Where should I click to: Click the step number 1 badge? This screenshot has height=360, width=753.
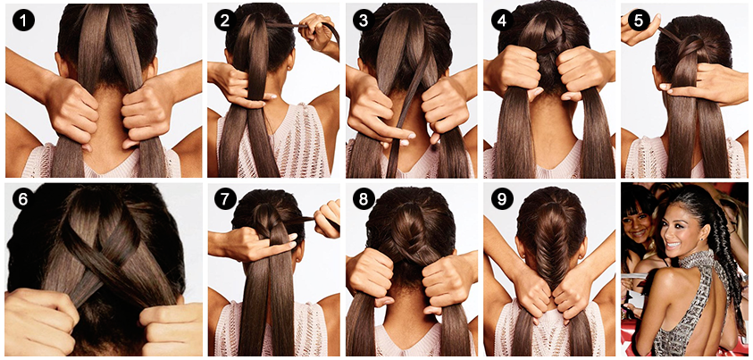(23, 21)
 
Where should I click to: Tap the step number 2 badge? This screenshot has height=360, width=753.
(224, 21)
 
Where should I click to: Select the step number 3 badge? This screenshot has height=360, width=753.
(363, 21)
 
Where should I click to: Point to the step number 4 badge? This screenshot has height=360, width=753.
(502, 21)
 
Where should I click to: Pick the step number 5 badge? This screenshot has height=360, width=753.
(639, 21)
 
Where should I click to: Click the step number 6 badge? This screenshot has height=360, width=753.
(23, 198)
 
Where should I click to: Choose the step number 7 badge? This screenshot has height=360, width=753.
(224, 198)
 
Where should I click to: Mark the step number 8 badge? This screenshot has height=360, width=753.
(363, 198)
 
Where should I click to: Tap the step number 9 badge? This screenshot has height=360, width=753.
(502, 198)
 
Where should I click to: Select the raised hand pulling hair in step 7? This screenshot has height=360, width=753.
(328, 218)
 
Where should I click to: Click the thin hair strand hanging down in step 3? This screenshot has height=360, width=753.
(406, 111)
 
